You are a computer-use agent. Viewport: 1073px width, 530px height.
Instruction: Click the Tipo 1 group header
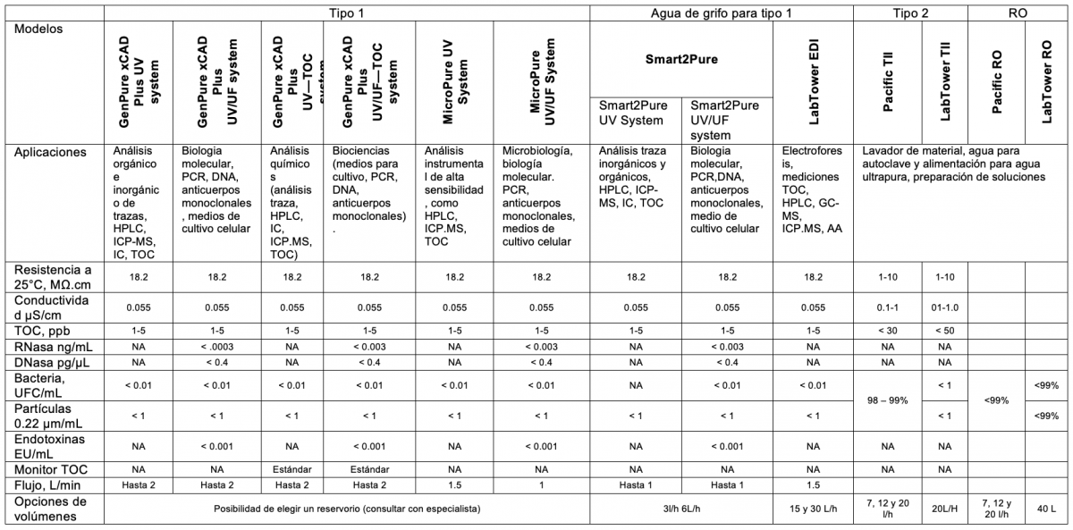pyautogui.click(x=346, y=13)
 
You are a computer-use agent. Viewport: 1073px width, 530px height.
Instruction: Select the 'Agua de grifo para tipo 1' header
pyautogui.click(x=720, y=13)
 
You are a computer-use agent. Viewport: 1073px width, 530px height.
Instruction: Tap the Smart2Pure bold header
pyautogui.click(x=682, y=60)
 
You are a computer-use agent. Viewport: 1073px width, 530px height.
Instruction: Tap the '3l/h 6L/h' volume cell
pyautogui.click(x=682, y=509)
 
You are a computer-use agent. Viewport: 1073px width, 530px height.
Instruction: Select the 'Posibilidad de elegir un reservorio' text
pyautogui.click(x=347, y=509)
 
